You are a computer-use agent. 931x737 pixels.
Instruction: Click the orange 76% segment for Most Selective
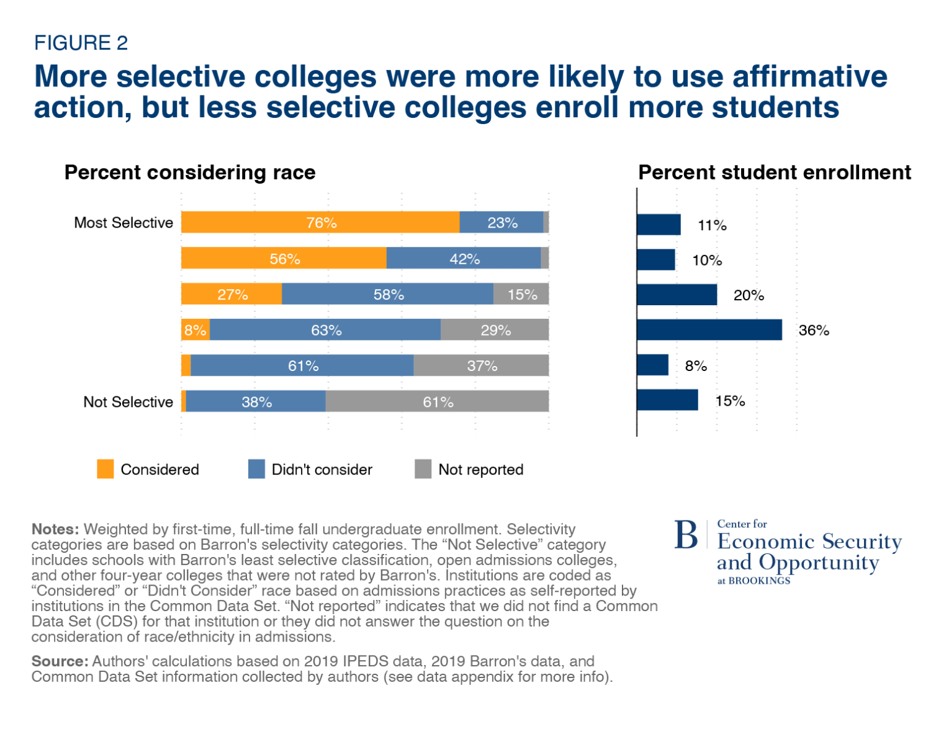click(320, 222)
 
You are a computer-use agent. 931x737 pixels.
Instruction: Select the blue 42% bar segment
click(464, 258)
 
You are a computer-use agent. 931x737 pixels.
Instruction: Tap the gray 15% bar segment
click(521, 294)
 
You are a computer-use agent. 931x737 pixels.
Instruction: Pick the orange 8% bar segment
click(195, 330)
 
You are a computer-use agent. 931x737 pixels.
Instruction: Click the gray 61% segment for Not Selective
click(437, 401)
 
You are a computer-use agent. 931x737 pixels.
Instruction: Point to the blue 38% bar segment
click(256, 401)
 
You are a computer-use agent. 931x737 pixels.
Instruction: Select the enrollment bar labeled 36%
click(709, 330)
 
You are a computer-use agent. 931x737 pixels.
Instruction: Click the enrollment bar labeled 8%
click(652, 365)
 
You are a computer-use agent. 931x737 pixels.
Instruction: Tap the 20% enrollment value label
click(749, 295)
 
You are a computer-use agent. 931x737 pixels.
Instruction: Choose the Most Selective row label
click(124, 223)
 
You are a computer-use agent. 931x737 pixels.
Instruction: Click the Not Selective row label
click(128, 402)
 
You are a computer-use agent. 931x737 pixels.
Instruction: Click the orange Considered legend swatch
click(106, 469)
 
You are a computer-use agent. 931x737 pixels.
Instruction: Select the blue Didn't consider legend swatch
click(256, 469)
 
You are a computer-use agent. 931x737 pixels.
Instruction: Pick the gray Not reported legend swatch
click(423, 469)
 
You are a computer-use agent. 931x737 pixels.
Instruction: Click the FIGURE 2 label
click(81, 43)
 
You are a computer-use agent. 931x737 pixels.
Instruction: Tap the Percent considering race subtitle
click(190, 172)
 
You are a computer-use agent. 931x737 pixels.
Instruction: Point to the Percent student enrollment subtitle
click(775, 172)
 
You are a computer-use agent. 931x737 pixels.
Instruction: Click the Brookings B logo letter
click(686, 535)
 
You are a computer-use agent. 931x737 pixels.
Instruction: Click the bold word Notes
click(55, 529)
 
